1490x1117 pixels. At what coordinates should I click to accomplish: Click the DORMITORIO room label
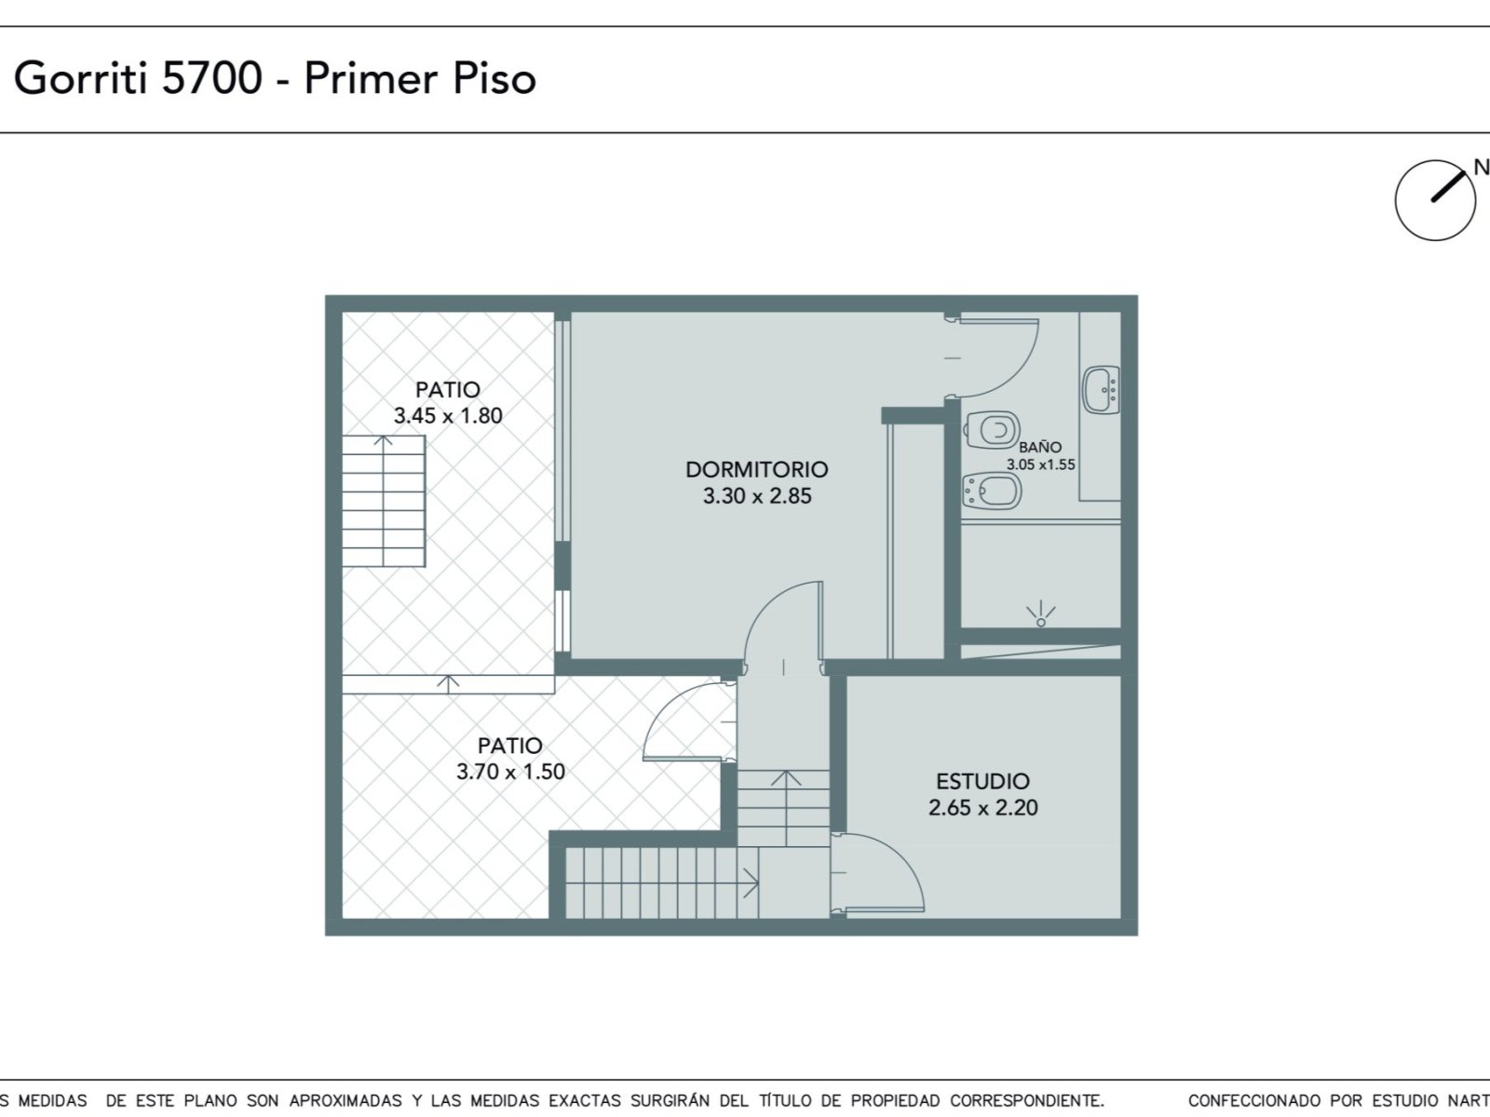pyautogui.click(x=757, y=469)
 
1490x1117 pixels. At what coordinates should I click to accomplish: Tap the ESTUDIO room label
pyautogui.click(x=982, y=781)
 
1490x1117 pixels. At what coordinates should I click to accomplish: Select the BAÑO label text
pyautogui.click(x=1040, y=447)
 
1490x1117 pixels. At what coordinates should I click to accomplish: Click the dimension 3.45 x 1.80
pyautogui.click(x=448, y=415)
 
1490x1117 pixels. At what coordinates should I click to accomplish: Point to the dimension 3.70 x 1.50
pyautogui.click(x=510, y=771)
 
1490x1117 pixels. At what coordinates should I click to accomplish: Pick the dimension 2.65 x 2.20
pyautogui.click(x=982, y=808)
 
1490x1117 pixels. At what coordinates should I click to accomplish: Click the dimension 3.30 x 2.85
pyautogui.click(x=757, y=496)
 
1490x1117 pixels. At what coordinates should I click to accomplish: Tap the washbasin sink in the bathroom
pyautogui.click(x=1101, y=390)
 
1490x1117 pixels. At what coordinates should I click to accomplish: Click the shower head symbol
pyautogui.click(x=1040, y=614)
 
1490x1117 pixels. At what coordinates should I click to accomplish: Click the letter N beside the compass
pyautogui.click(x=1482, y=167)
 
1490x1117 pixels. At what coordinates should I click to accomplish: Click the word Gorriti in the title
pyautogui.click(x=80, y=79)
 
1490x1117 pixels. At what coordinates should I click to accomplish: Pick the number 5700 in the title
pyautogui.click(x=211, y=78)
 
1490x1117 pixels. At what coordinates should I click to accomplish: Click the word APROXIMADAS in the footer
pyautogui.click(x=345, y=1100)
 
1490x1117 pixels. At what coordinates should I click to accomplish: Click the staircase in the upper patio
pyautogui.click(x=384, y=501)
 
